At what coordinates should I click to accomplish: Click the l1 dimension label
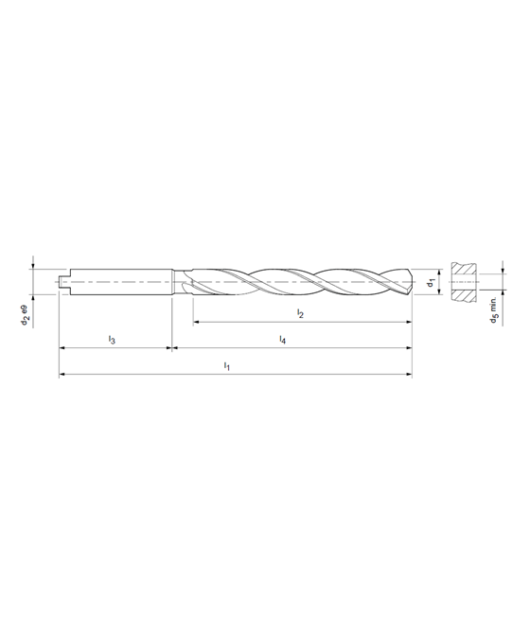click(x=227, y=366)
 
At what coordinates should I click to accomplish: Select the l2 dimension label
click(x=300, y=313)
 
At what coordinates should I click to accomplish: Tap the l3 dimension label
click(x=112, y=340)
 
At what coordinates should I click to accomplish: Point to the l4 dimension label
click(x=283, y=340)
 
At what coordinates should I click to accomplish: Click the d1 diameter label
click(x=431, y=282)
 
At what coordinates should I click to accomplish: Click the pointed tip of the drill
click(x=413, y=281)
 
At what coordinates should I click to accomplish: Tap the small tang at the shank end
click(x=63, y=282)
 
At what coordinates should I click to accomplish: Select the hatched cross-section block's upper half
click(x=464, y=269)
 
